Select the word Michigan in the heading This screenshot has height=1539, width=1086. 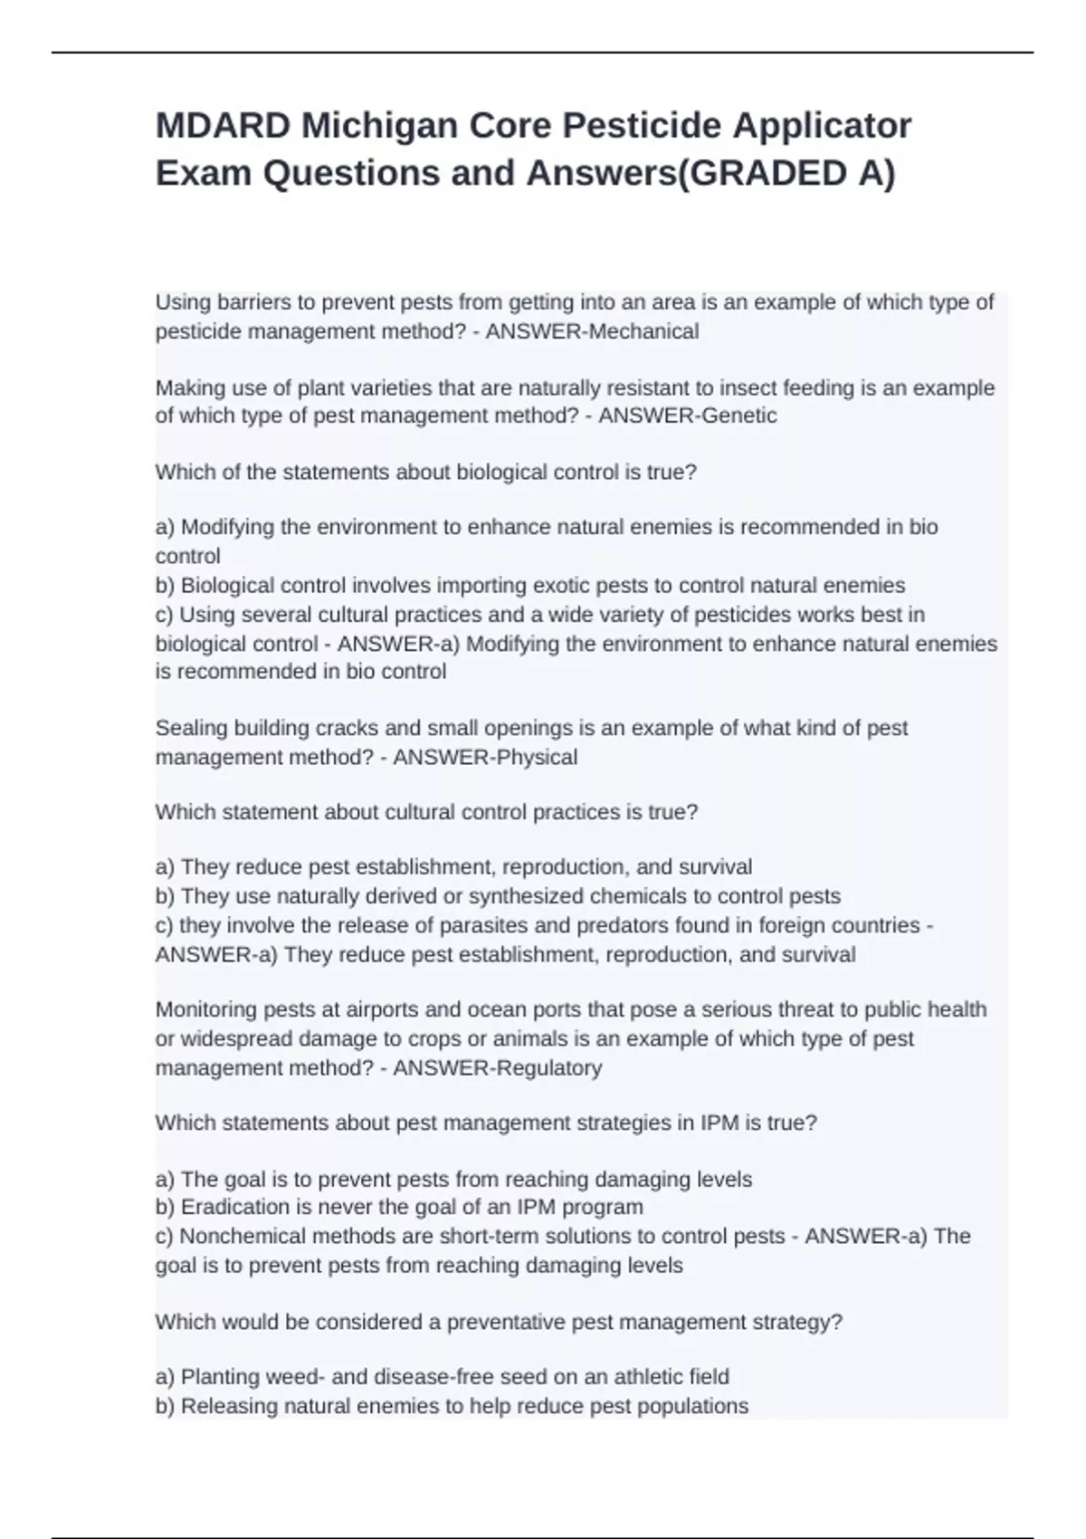[380, 126]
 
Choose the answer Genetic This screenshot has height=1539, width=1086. [731, 416]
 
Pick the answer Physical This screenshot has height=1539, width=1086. [533, 757]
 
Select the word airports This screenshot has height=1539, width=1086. [338, 1009]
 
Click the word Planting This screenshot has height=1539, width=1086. [219, 1377]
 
